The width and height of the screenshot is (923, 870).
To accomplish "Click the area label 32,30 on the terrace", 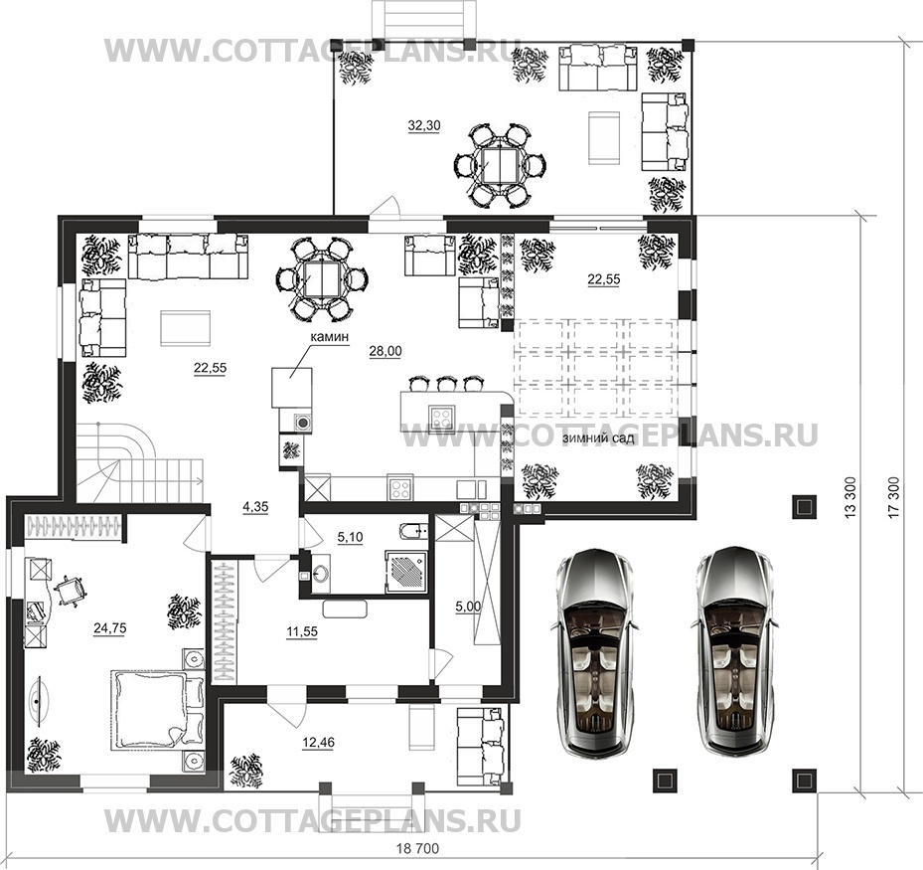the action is point(424,125).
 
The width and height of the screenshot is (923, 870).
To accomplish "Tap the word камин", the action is point(330,337).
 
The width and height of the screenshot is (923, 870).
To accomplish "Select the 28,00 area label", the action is point(385,352).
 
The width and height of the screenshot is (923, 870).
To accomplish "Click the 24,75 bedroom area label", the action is point(110,628).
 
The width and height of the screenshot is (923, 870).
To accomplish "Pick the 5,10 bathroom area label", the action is point(351,537).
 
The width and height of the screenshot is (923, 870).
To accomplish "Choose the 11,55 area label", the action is point(302,632).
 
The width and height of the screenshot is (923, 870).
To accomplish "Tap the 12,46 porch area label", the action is point(318,744).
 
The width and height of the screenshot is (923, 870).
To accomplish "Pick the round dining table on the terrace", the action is point(501,165).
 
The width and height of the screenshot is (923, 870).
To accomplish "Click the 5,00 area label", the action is point(468,607).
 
